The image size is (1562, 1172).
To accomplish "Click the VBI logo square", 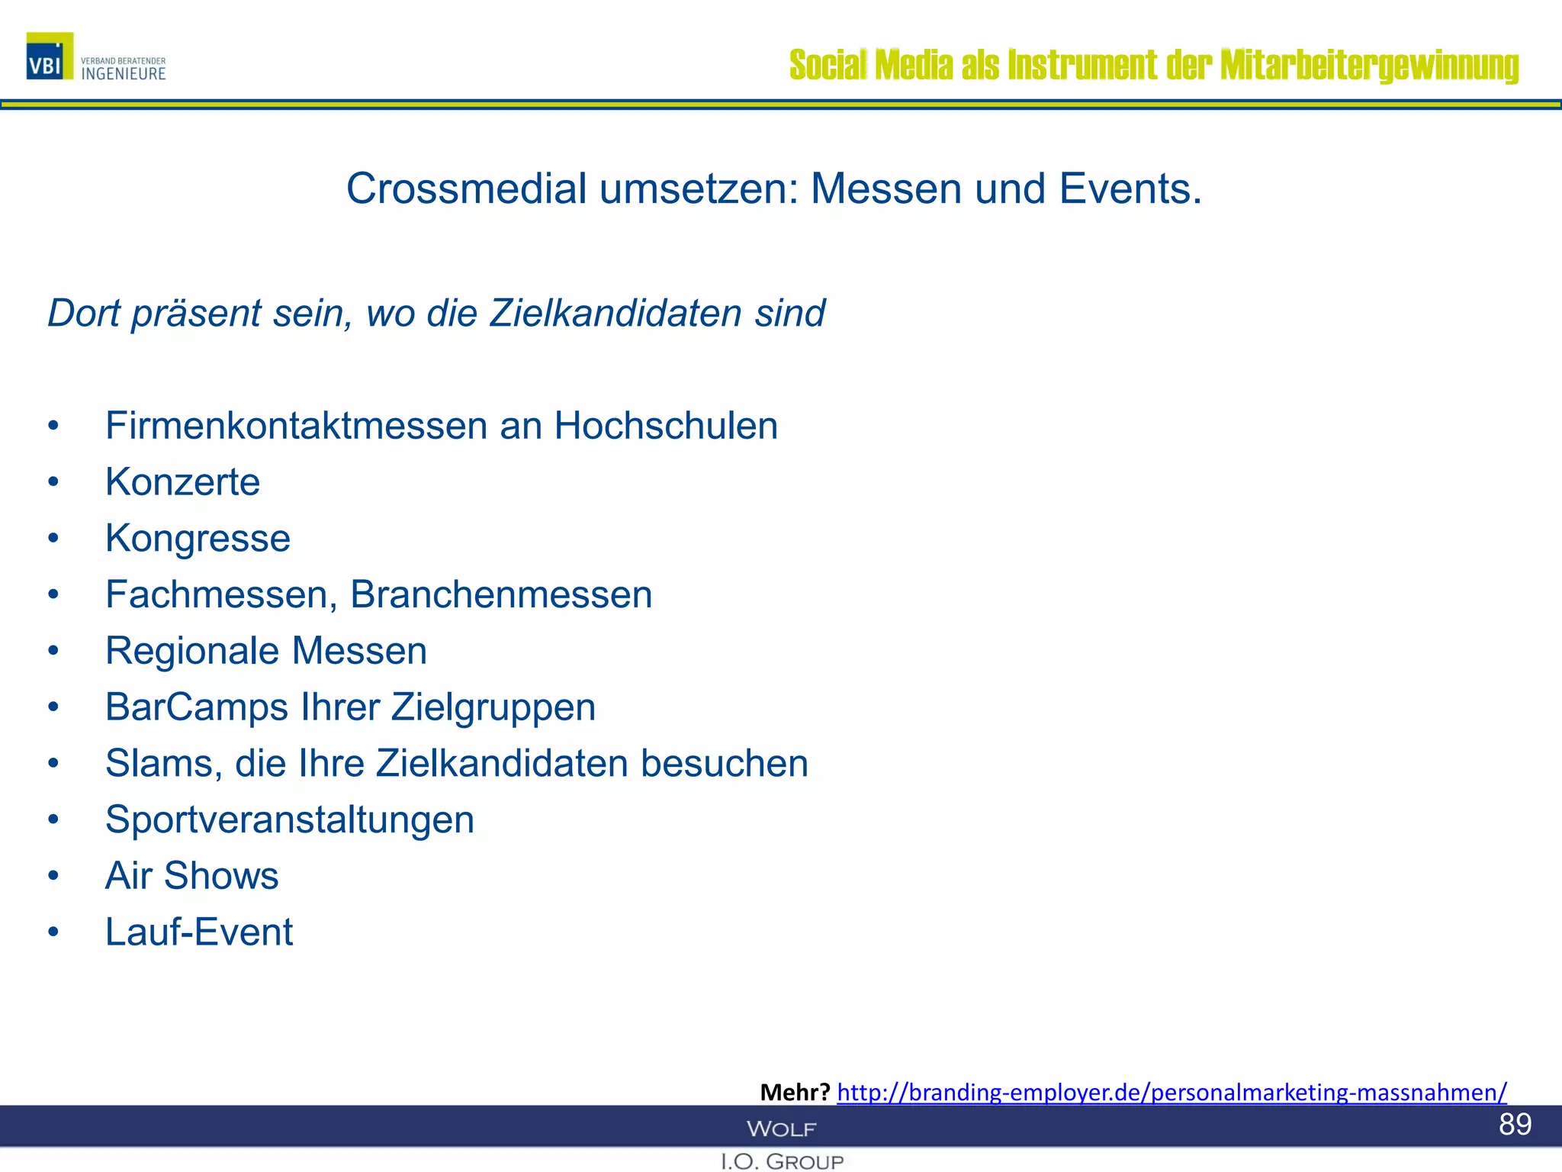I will (50, 56).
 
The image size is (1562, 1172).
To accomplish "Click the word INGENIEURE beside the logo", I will (124, 74).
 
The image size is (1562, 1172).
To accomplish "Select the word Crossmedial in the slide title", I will (467, 188).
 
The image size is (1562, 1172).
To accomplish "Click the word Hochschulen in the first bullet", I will (666, 425).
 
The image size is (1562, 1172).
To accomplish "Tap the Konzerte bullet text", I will (183, 482).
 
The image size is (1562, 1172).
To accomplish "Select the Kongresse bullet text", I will (198, 538).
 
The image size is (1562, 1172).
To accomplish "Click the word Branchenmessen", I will (501, 594).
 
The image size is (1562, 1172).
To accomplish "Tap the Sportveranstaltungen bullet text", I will (290, 819).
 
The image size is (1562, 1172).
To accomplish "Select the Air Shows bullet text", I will (192, 876).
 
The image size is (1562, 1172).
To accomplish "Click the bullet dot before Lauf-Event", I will (53, 932).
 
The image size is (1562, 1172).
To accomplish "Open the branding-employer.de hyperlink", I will (1171, 1093).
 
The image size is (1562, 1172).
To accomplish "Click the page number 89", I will (1515, 1125).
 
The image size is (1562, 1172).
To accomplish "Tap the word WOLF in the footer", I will (781, 1129).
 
